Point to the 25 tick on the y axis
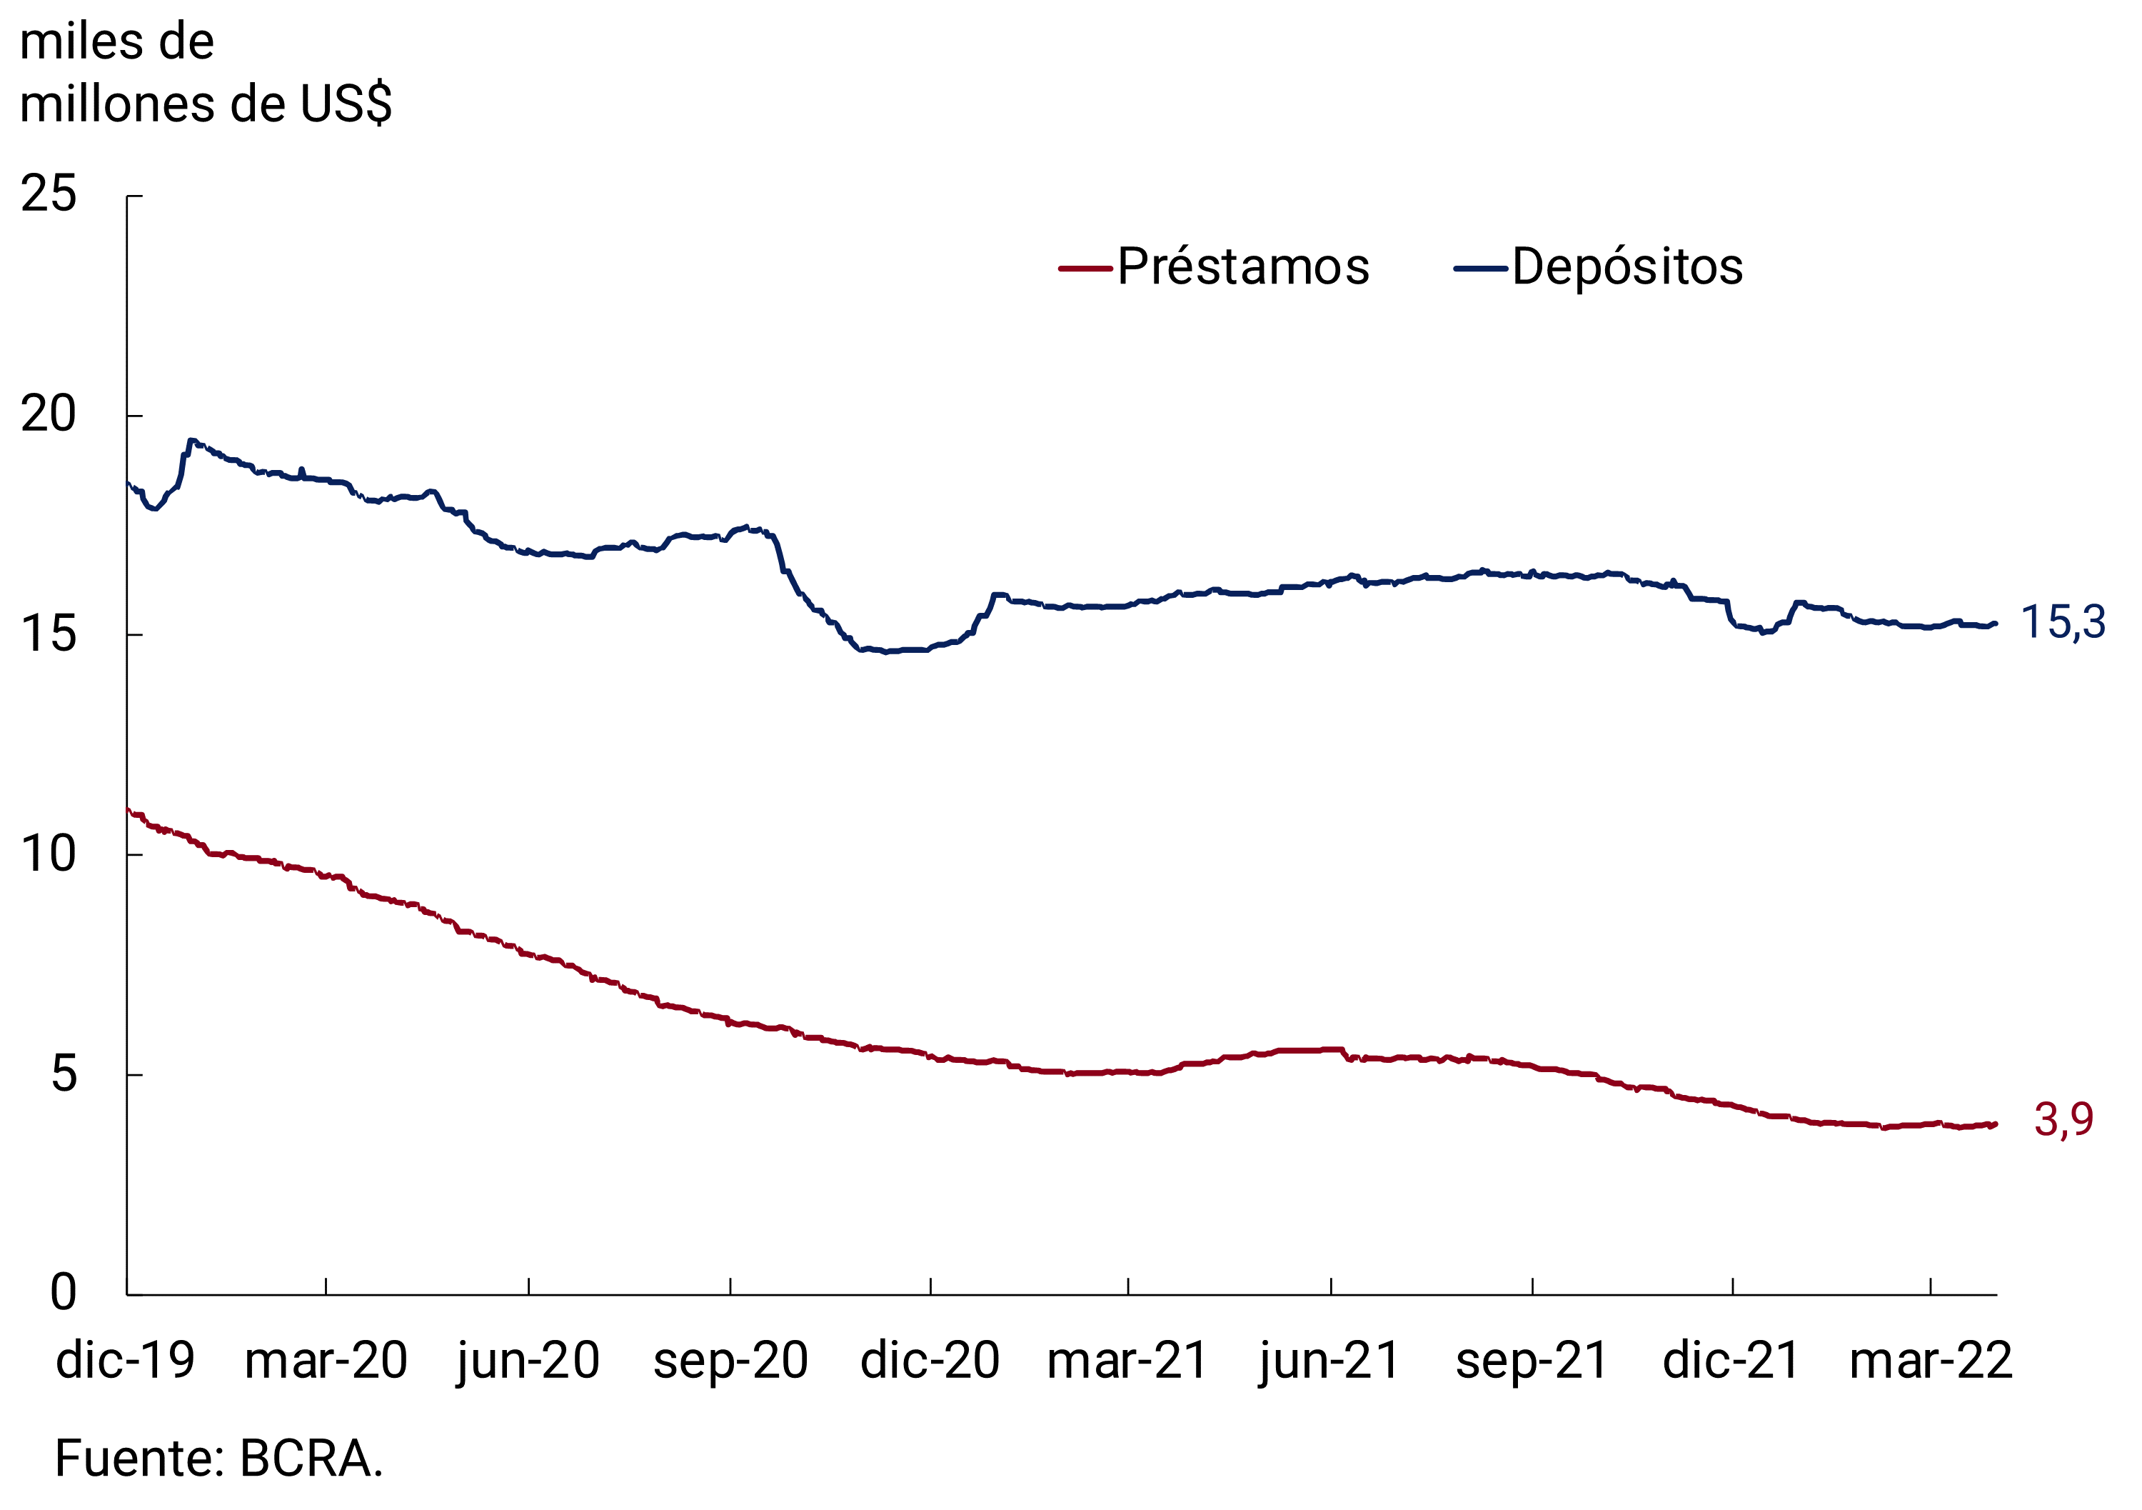49,195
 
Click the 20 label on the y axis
49,414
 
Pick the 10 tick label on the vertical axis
49,855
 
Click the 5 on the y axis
64,1074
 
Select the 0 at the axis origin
64,1294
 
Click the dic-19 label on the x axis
125,1361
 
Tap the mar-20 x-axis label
326,1361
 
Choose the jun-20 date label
528,1361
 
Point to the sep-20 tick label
730,1361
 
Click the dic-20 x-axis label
930,1361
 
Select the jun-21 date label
1330,1361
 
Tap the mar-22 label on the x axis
1930,1361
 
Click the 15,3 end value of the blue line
2063,622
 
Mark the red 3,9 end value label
2063,1120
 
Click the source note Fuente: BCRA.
219,1459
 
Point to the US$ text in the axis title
346,104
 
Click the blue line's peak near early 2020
191,441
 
